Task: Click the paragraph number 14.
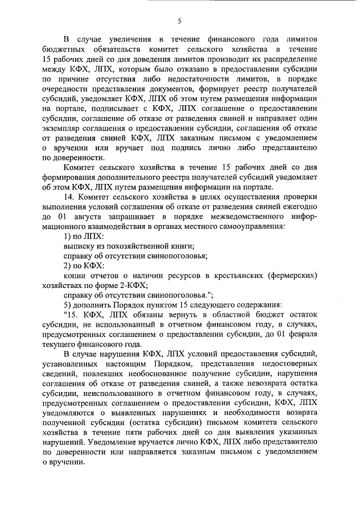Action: (x=69, y=196)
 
